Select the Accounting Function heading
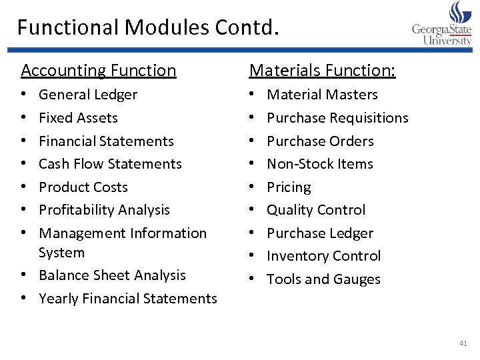(x=99, y=70)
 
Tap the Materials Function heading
(x=322, y=70)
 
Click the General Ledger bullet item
(x=88, y=95)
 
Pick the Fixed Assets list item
(x=78, y=118)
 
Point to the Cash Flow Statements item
(x=110, y=164)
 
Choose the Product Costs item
(x=83, y=187)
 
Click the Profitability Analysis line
(x=105, y=210)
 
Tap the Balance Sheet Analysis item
(x=112, y=275)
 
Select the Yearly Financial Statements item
(x=128, y=299)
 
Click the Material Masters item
(x=322, y=95)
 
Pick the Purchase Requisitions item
(x=337, y=118)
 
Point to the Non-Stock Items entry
(x=320, y=164)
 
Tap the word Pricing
(x=289, y=187)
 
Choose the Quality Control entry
(x=316, y=210)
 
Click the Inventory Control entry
(x=324, y=256)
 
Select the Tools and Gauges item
(x=323, y=279)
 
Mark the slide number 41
(x=463, y=343)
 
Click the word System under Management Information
(x=62, y=253)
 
